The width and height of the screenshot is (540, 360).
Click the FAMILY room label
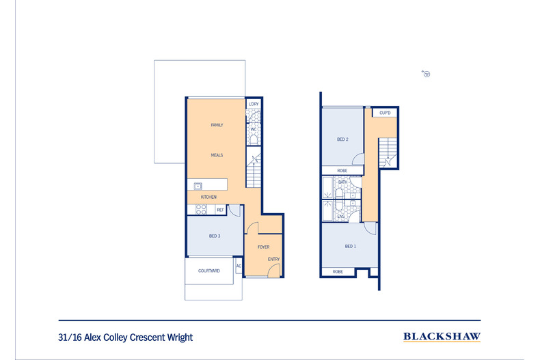217,125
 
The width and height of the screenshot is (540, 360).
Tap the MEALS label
217,155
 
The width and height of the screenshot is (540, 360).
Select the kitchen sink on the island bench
198,186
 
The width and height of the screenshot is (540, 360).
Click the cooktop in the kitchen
201,209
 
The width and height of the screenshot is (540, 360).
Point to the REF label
220,210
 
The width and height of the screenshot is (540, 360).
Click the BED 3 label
215,236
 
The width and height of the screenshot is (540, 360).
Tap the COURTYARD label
209,271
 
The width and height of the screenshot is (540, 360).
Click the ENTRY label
274,259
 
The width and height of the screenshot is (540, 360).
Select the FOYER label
263,247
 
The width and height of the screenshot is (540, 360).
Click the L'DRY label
254,104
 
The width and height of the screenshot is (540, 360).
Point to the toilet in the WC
254,139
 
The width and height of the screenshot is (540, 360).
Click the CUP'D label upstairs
385,113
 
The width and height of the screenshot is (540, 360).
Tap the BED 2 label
342,139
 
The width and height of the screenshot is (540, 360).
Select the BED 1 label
351,247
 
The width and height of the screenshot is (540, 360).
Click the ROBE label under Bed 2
342,171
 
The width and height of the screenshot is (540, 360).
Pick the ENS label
341,217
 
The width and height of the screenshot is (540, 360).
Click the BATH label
343,182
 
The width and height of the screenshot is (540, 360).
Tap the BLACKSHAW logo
442,337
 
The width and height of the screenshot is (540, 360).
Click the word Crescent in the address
147,337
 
